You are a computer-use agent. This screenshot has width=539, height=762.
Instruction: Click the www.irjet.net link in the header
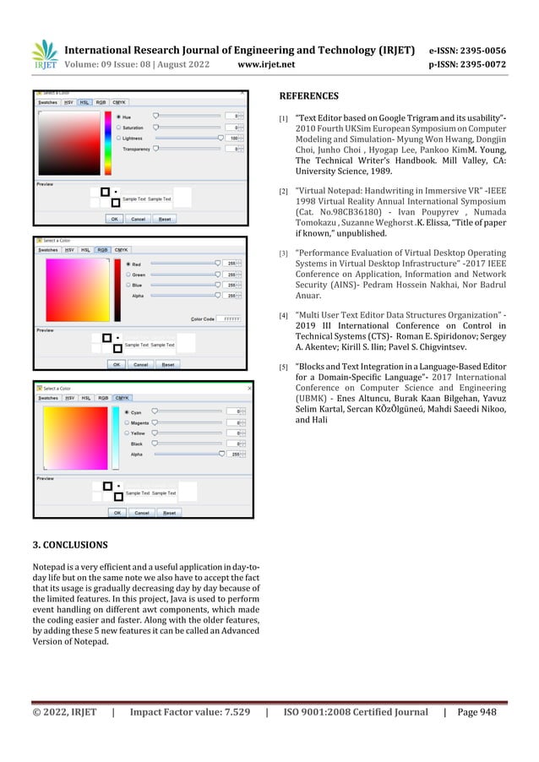266,62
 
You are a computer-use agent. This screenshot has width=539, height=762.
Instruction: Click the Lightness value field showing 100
238,137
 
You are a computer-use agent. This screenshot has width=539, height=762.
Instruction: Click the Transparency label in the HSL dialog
136,149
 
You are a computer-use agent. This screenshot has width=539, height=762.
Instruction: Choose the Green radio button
128,274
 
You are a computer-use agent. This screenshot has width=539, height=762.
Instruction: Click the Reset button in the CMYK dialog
169,512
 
